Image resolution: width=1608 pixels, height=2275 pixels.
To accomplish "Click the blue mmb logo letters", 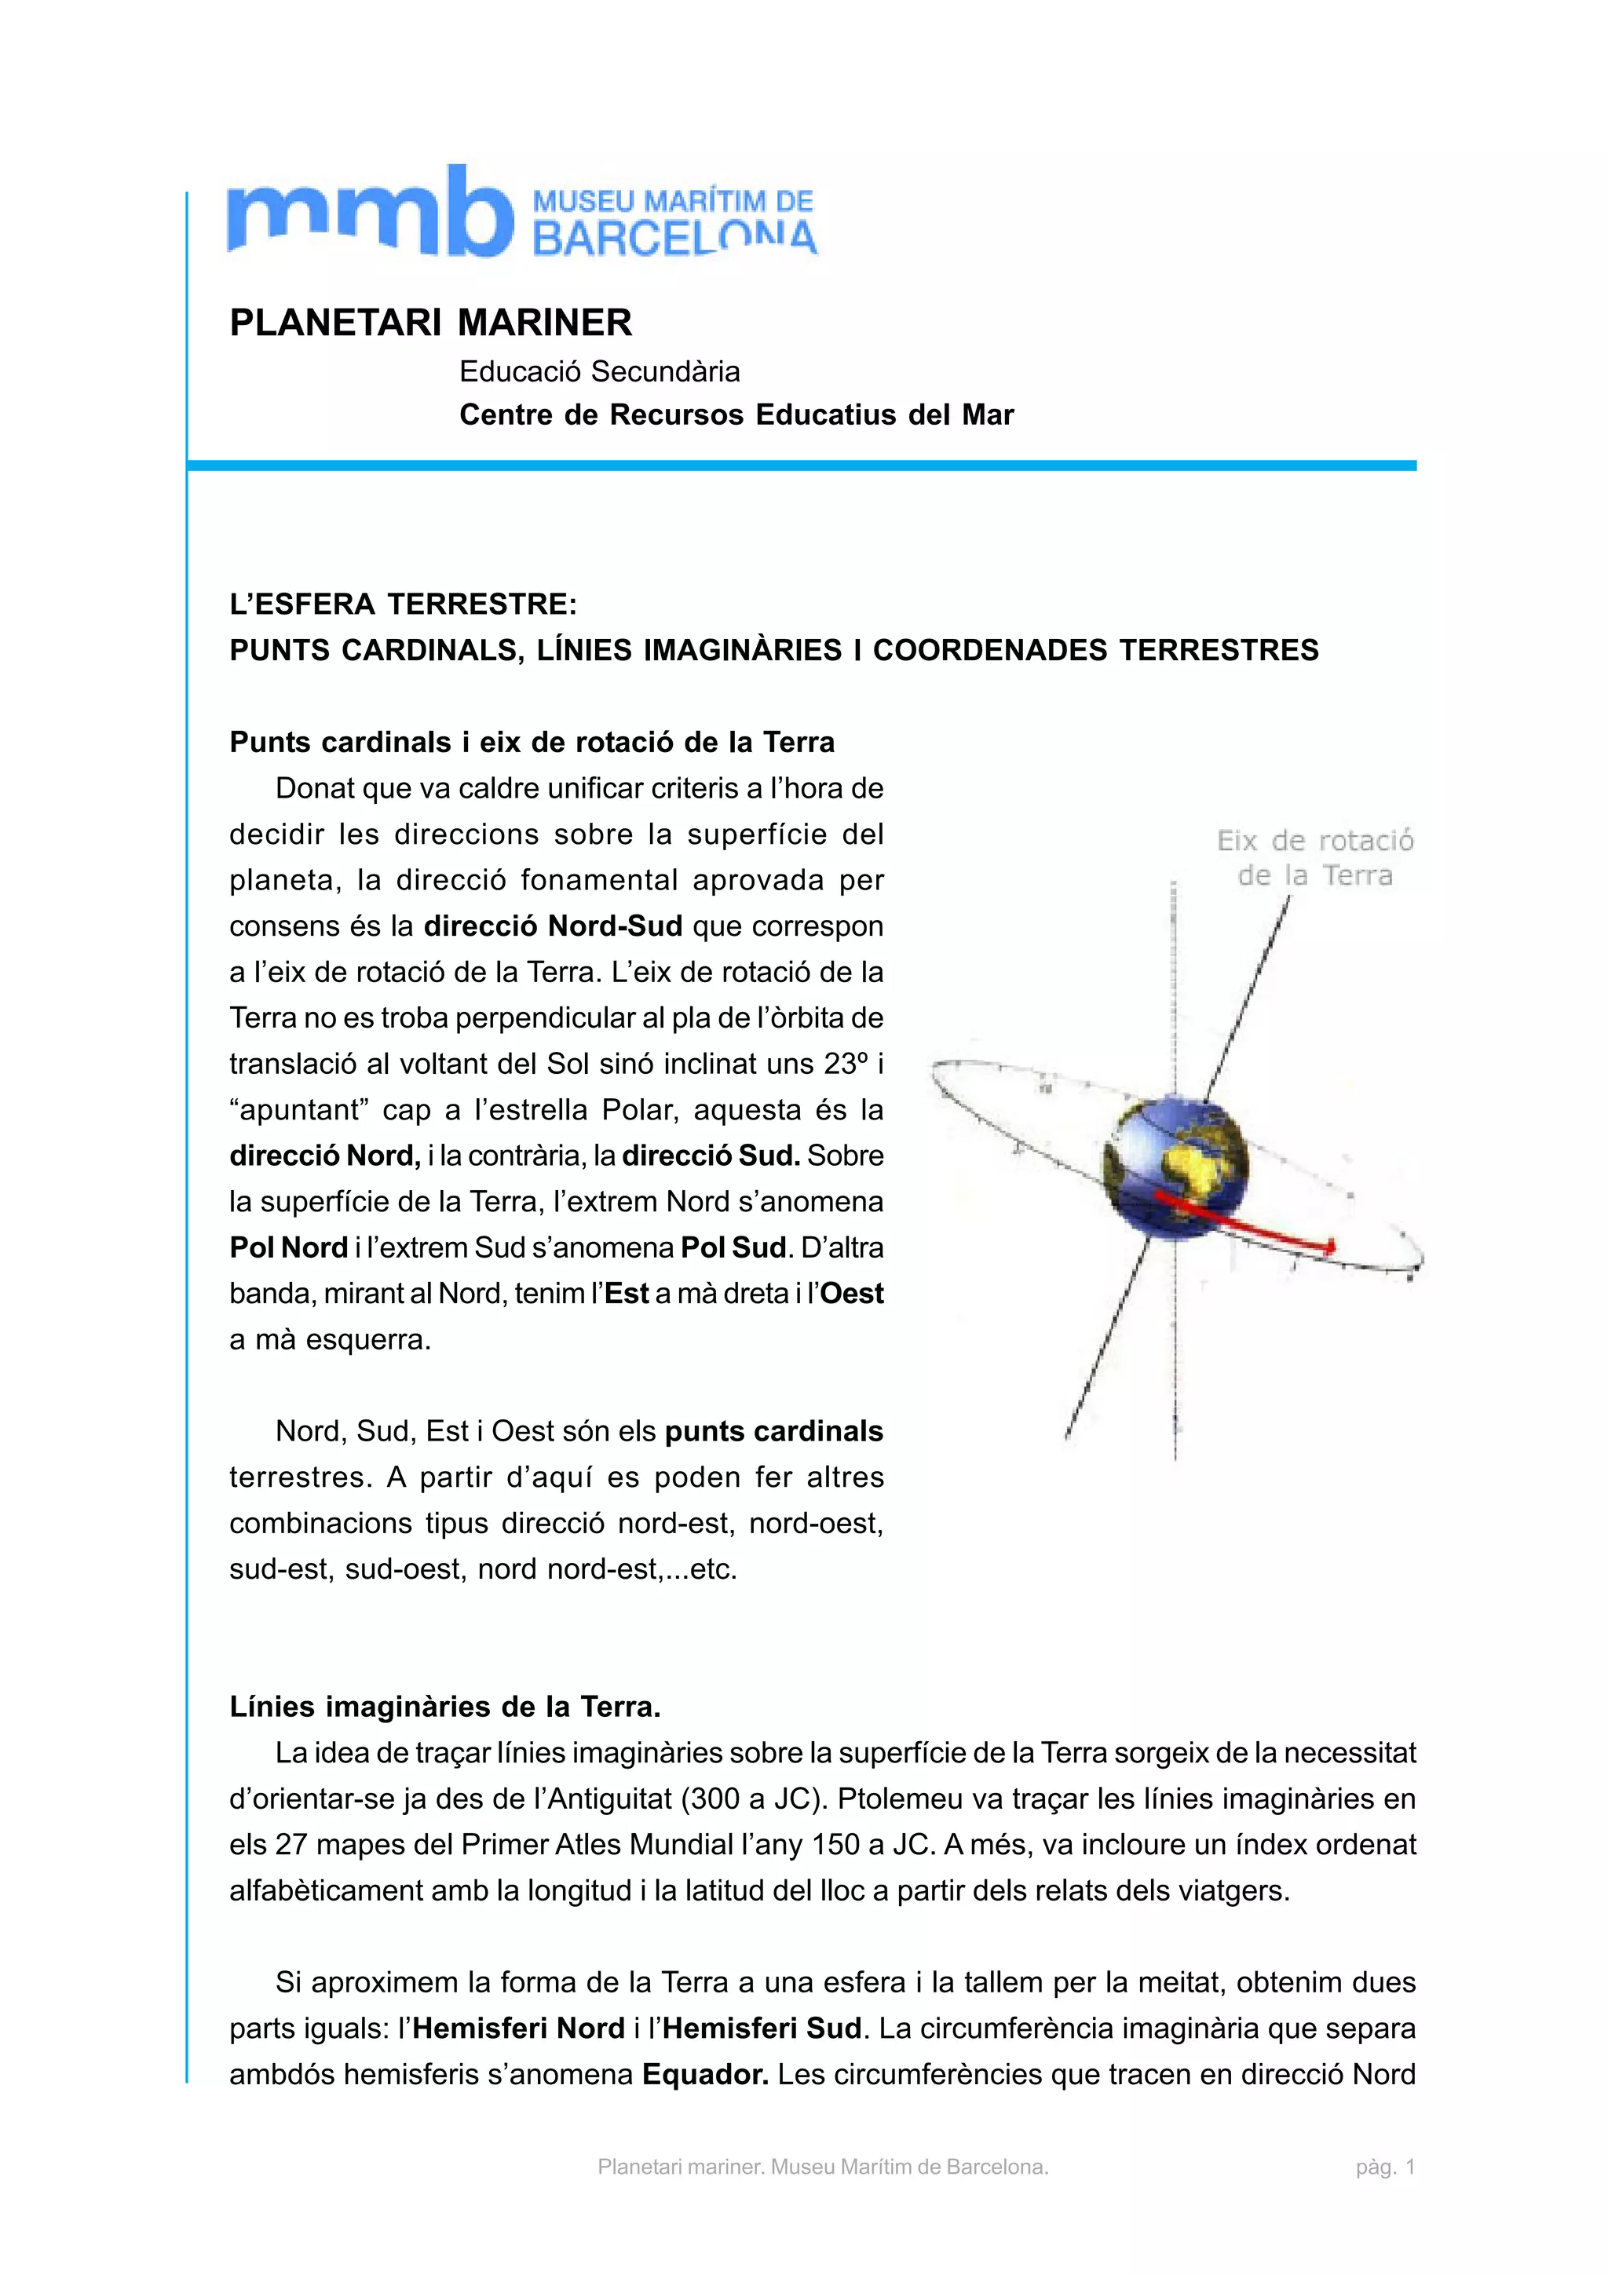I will (368, 212).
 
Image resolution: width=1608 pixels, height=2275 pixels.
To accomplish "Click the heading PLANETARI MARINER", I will (430, 323).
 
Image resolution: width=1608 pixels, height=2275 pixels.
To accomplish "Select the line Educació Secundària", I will (599, 371).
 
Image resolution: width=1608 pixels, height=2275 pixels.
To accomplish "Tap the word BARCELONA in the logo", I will (674, 239).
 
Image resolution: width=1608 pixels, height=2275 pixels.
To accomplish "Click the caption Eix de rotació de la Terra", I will (1314, 858).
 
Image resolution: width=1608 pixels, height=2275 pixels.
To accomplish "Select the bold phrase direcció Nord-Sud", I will (553, 926).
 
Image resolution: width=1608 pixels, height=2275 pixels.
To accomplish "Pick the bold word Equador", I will (705, 2074).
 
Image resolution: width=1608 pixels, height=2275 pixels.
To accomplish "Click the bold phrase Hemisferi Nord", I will (518, 2029).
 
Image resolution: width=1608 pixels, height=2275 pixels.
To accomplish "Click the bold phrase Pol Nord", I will (288, 1247).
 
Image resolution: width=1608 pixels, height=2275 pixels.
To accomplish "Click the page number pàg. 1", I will (1385, 2167).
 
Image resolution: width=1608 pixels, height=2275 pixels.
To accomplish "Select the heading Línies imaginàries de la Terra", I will (445, 1707).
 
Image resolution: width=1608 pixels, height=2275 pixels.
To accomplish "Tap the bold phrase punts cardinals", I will (774, 1431).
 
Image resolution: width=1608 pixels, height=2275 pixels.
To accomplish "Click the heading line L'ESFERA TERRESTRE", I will (404, 604).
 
